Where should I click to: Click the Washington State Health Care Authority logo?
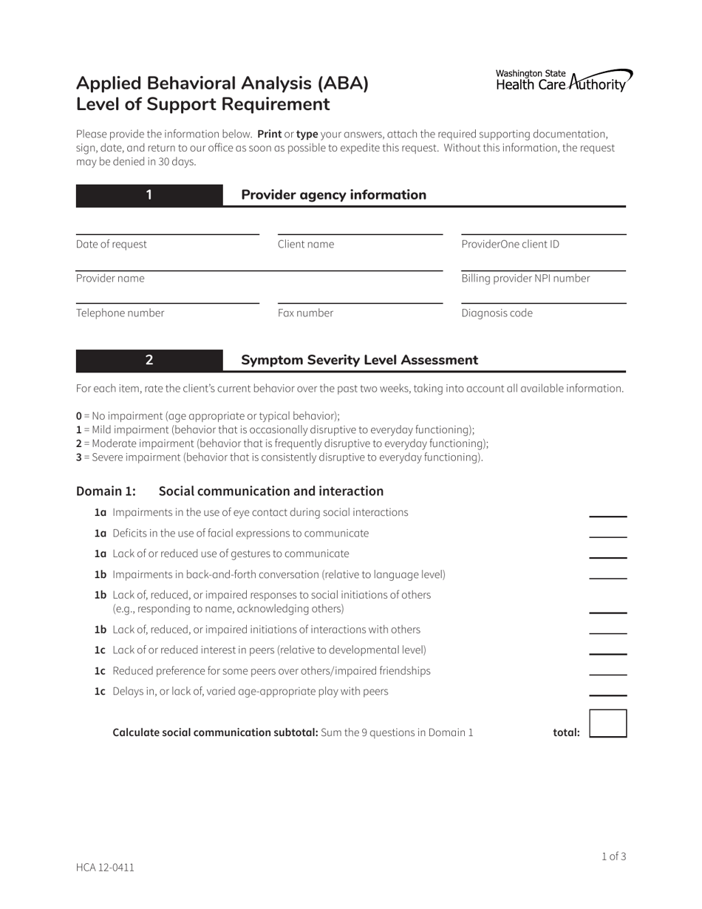point(563,80)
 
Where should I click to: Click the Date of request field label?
point(112,245)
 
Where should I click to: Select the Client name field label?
point(305,245)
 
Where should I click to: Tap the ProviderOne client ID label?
point(510,245)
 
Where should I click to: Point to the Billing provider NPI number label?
point(525,279)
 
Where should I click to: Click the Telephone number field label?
point(120,313)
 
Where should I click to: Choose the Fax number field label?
point(305,313)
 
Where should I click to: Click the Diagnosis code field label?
point(497,313)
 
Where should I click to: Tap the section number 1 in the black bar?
point(149,195)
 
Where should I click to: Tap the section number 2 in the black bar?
point(149,360)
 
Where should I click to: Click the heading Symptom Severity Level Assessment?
point(359,360)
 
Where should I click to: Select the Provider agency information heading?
point(333,195)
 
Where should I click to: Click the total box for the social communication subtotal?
point(607,724)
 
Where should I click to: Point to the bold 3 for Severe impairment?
point(79,457)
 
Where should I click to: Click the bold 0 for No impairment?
point(79,416)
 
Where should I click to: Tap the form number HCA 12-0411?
point(105,868)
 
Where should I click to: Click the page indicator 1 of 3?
point(613,857)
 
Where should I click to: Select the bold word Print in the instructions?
point(269,135)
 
